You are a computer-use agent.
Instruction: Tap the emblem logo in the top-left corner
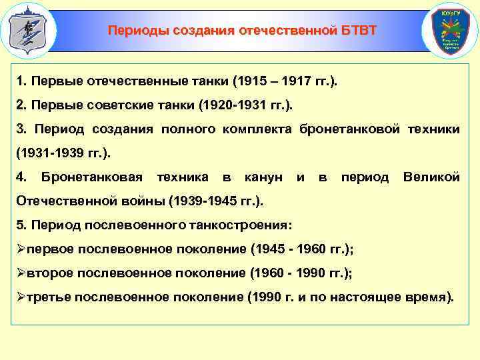pyautogui.click(x=27, y=30)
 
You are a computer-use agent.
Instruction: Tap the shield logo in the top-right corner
pyautogui.click(x=451, y=31)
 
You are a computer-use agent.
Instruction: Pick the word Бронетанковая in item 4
pyautogui.click(x=92, y=177)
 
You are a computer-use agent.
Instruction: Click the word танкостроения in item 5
pyautogui.click(x=248, y=225)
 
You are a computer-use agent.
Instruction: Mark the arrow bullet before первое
pyautogui.click(x=21, y=249)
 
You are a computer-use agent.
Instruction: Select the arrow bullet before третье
pyautogui.click(x=21, y=296)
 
